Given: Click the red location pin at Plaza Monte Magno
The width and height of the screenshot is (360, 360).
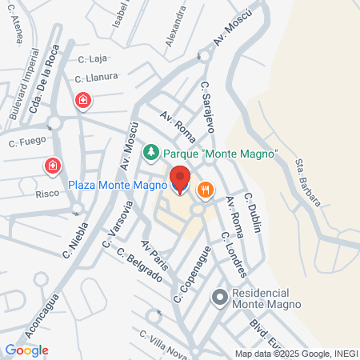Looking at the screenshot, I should click(180, 178).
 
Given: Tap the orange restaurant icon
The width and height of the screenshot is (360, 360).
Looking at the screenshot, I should click(206, 189).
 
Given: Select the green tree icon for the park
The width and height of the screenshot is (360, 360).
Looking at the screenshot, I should click(150, 152).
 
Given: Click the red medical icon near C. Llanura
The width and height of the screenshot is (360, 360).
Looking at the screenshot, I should click(82, 101).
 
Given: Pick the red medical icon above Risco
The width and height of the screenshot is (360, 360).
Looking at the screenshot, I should click(53, 166).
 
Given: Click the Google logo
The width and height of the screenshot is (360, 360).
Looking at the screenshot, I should click(26, 350).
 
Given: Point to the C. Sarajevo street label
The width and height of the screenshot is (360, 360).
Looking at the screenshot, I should click(208, 106).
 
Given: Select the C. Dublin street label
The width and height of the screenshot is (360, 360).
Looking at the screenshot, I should click(253, 212).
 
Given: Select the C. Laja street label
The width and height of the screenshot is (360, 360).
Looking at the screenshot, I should click(93, 58).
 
